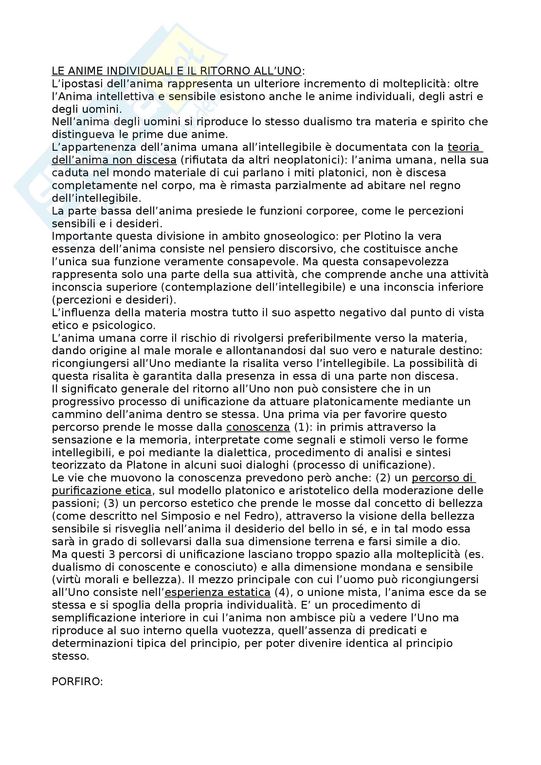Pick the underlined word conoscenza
coord(258,427)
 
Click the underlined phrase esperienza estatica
coord(218,592)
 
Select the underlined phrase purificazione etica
coord(102,491)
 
